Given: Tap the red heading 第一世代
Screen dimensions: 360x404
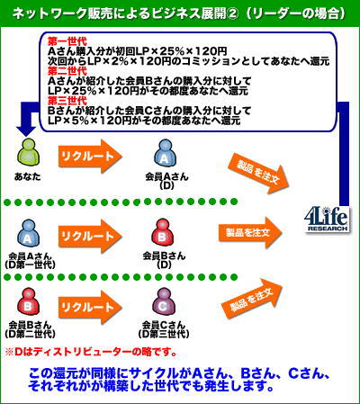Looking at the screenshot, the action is pyautogui.click(x=67, y=41).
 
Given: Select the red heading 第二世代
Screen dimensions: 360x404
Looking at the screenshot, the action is pyautogui.click(x=67, y=71).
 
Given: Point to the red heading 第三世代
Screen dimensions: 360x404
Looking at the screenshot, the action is pyautogui.click(x=67, y=101).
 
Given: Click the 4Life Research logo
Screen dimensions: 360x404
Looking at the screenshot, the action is pyautogui.click(x=327, y=220).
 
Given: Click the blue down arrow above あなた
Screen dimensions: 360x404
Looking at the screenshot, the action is pyautogui.click(x=28, y=120).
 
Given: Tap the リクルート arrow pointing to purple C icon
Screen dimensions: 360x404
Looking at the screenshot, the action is pyautogui.click(x=90, y=307).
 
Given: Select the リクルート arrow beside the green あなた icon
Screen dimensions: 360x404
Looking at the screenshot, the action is pyautogui.click(x=90, y=156).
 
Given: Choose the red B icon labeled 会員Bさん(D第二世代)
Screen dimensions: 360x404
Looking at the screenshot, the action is pyautogui.click(x=28, y=304).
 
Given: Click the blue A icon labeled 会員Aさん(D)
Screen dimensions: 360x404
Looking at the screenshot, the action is pyautogui.click(x=165, y=155).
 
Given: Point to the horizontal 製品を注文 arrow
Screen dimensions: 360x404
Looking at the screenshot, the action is pyautogui.click(x=250, y=233).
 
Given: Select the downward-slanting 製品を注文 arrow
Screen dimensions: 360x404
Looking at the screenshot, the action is pyautogui.click(x=258, y=174).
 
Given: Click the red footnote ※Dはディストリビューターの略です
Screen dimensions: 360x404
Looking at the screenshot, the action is pyautogui.click(x=91, y=352).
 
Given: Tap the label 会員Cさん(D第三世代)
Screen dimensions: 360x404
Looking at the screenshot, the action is pyautogui.click(x=164, y=329).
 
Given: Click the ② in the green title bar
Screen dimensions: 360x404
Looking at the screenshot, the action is pyautogui.click(x=232, y=13).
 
